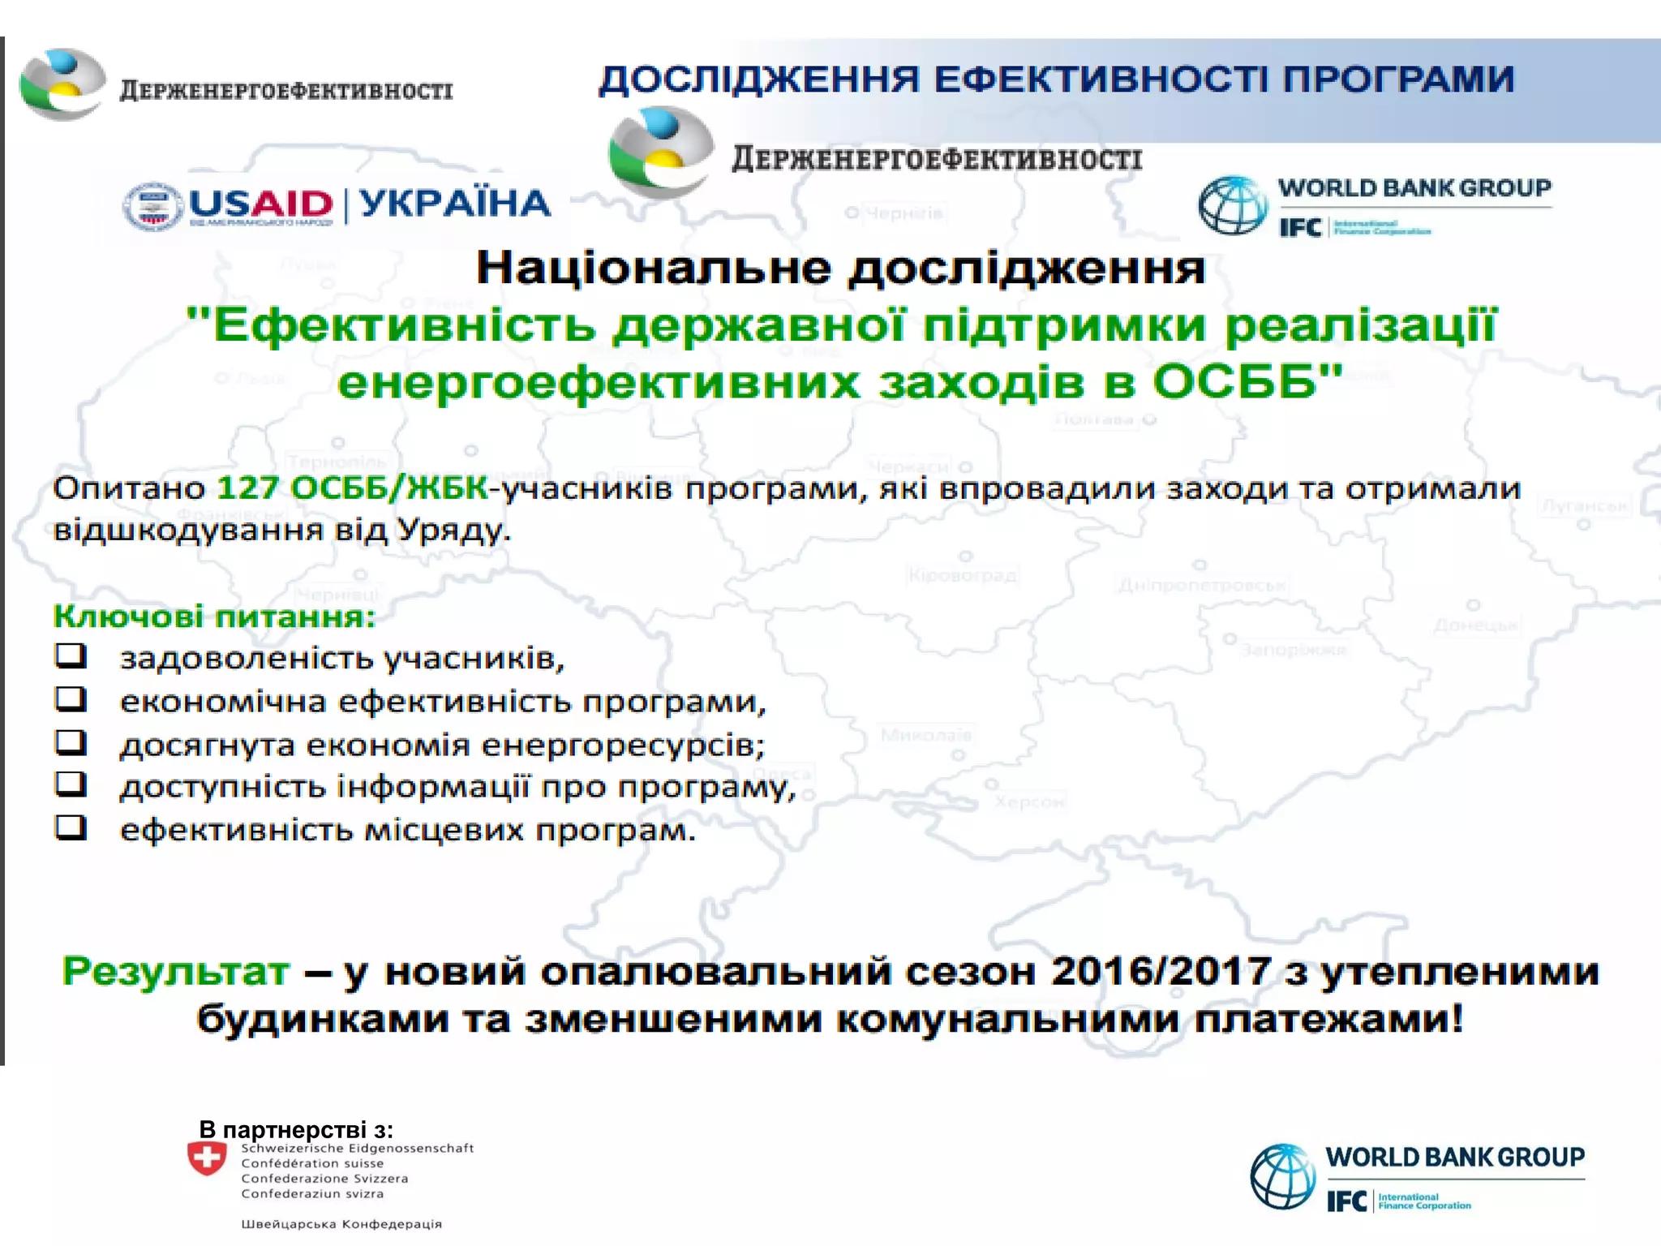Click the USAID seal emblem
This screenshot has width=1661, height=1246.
(152, 205)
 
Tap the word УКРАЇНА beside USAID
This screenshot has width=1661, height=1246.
(455, 204)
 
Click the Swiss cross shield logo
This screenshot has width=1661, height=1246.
(207, 1158)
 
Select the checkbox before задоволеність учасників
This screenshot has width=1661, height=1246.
(71, 655)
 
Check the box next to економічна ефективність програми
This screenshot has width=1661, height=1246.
(71, 698)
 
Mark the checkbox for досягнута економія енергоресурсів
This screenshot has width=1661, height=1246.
(71, 741)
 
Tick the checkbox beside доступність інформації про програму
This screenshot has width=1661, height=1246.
(71, 784)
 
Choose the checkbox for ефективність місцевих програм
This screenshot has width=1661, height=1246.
(71, 827)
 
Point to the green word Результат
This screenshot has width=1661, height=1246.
(176, 971)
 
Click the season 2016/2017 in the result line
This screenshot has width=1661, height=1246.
(1161, 971)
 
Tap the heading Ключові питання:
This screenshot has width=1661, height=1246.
(215, 617)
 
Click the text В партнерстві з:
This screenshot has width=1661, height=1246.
(296, 1129)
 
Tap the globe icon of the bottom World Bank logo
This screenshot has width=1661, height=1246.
(1283, 1176)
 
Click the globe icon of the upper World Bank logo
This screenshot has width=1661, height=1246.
(1232, 206)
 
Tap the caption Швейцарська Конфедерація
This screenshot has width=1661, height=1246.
(341, 1224)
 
